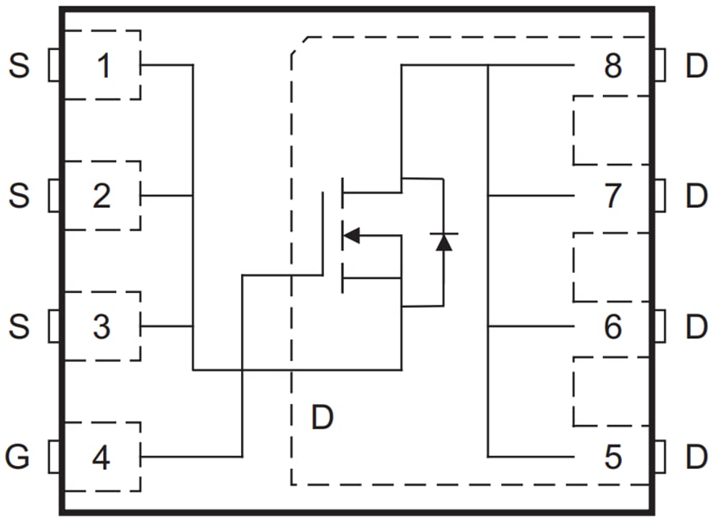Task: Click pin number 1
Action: [103, 66]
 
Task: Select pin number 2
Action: [102, 196]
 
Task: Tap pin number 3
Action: [102, 327]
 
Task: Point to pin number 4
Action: [102, 457]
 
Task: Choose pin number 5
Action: [612, 457]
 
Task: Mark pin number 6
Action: [612, 327]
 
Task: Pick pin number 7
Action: [612, 196]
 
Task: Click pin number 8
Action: [612, 66]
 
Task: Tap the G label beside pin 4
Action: [19, 457]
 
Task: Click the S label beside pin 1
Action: [19, 66]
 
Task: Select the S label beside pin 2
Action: [19, 196]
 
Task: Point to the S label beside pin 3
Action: [19, 327]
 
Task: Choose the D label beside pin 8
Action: [696, 66]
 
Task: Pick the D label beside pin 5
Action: [696, 457]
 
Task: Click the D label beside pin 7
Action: [696, 196]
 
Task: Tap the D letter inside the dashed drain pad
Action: [321, 417]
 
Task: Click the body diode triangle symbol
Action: [443, 242]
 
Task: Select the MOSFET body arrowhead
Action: [351, 235]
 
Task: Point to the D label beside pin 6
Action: [696, 327]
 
